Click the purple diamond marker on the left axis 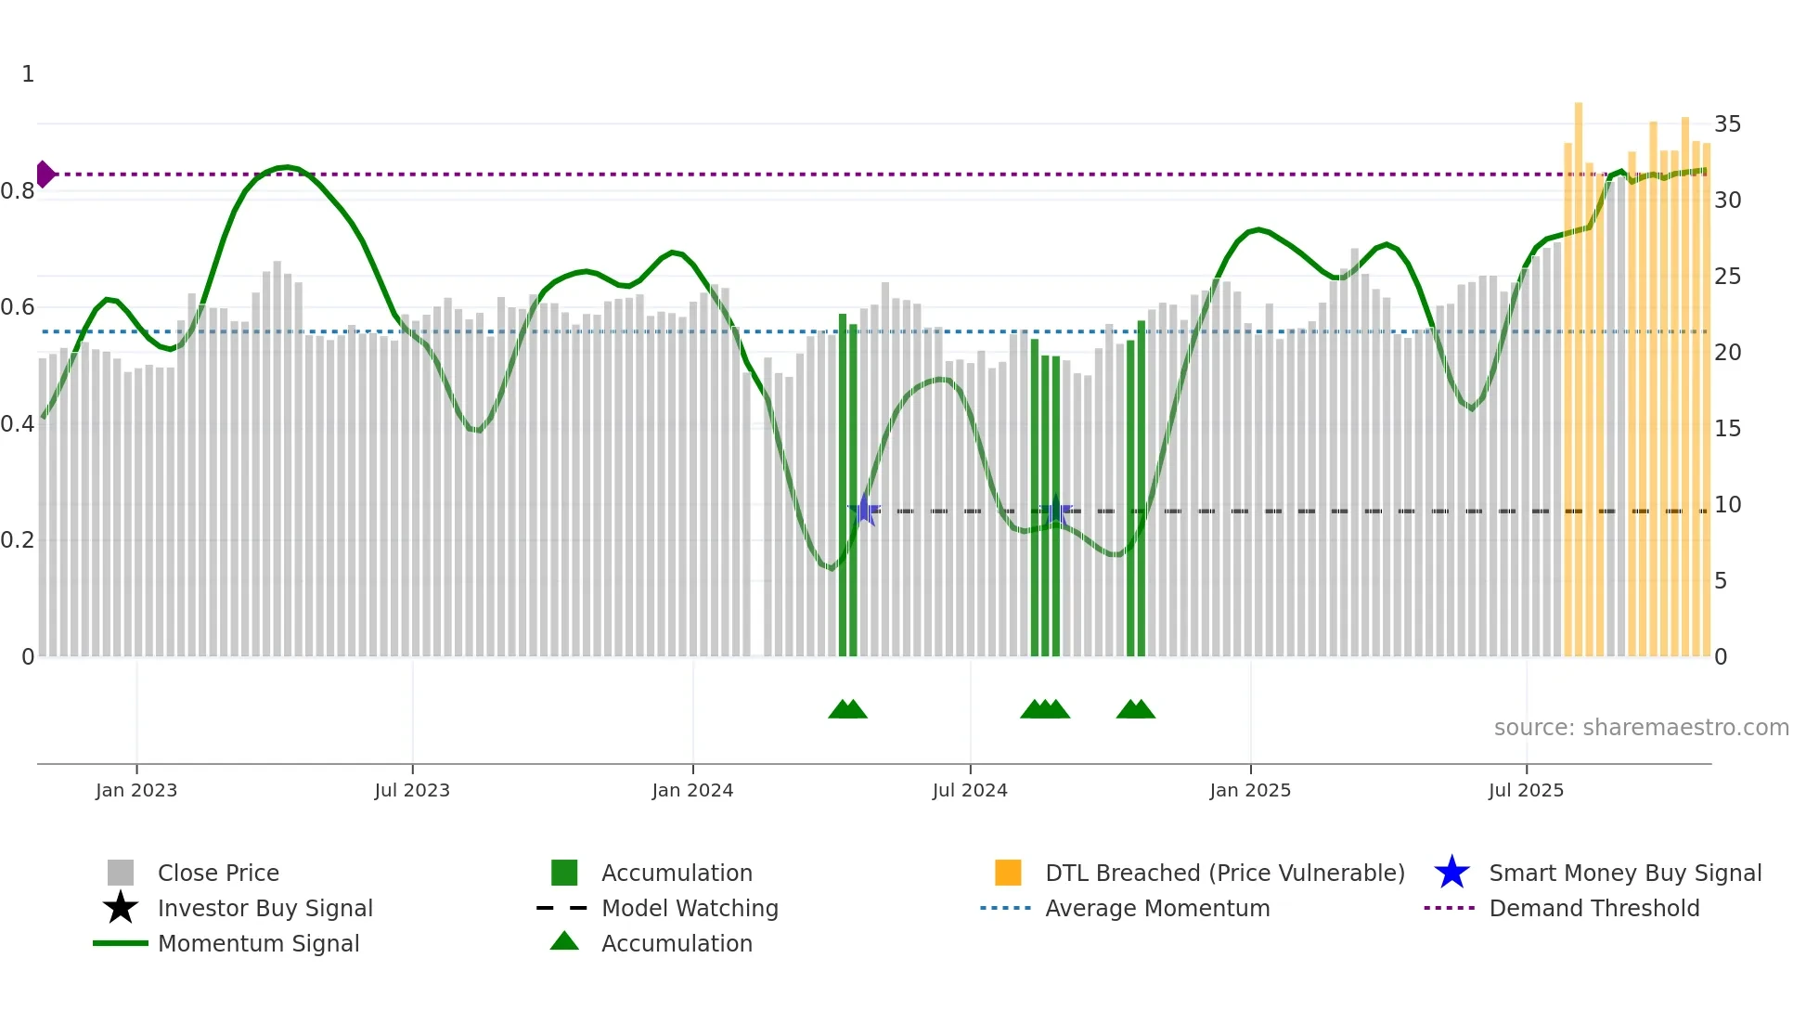pyautogui.click(x=45, y=174)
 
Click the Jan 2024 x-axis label pyautogui.click(x=692, y=790)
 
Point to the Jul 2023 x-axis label pyautogui.click(x=412, y=790)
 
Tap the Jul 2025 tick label pyautogui.click(x=1526, y=790)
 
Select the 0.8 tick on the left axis pyautogui.click(x=18, y=191)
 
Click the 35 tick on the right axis pyautogui.click(x=1727, y=124)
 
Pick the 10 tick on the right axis pyautogui.click(x=1727, y=505)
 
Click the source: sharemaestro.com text pyautogui.click(x=1641, y=728)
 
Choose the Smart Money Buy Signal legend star pyautogui.click(x=1451, y=873)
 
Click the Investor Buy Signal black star pyautogui.click(x=121, y=908)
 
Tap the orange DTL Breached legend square pyautogui.click(x=1008, y=873)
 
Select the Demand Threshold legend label pyautogui.click(x=1593, y=908)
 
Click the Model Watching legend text pyautogui.click(x=690, y=908)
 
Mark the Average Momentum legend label pyautogui.click(x=1157, y=908)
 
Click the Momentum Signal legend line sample pyautogui.click(x=121, y=943)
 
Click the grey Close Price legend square pyautogui.click(x=121, y=873)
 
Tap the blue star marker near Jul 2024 pyautogui.click(x=1055, y=510)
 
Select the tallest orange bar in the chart pyautogui.click(x=1578, y=371)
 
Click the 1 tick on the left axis pyautogui.click(x=28, y=74)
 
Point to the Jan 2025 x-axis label pyautogui.click(x=1250, y=790)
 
